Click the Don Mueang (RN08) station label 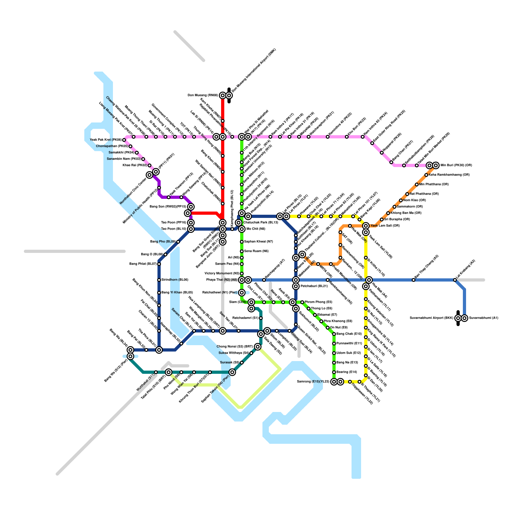(x=203, y=95)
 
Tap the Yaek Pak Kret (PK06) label (x=106, y=140)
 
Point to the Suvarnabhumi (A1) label (x=484, y=318)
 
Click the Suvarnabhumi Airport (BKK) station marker (x=458, y=318)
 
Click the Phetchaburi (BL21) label (x=314, y=286)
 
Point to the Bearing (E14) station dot (x=334, y=372)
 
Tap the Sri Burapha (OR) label (x=397, y=220)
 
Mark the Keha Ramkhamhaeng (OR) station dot (x=426, y=175)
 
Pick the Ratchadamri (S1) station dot (x=261, y=318)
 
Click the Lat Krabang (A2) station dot (x=455, y=280)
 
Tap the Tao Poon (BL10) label (x=173, y=229)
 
